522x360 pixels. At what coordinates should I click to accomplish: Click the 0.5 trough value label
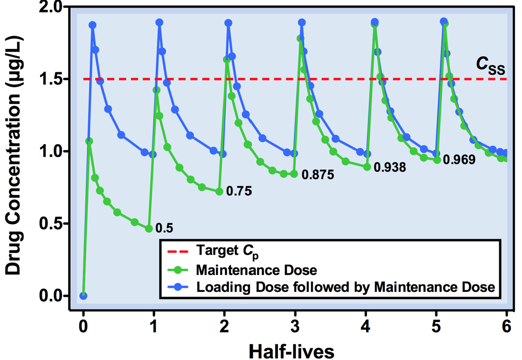(x=164, y=228)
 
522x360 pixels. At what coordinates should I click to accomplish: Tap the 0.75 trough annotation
(x=239, y=191)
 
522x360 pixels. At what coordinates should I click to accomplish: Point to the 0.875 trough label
(x=318, y=174)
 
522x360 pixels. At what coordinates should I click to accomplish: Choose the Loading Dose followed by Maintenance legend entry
(x=345, y=287)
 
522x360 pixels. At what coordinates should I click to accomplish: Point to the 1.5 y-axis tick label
(x=57, y=79)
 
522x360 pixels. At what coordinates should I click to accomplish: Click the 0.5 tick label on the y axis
(x=57, y=223)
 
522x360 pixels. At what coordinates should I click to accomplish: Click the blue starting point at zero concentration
(x=83, y=295)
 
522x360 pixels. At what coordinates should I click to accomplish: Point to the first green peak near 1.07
(x=89, y=141)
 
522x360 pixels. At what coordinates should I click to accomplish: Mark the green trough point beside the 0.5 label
(x=149, y=228)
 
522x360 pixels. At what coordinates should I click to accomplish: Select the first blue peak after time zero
(x=93, y=25)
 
